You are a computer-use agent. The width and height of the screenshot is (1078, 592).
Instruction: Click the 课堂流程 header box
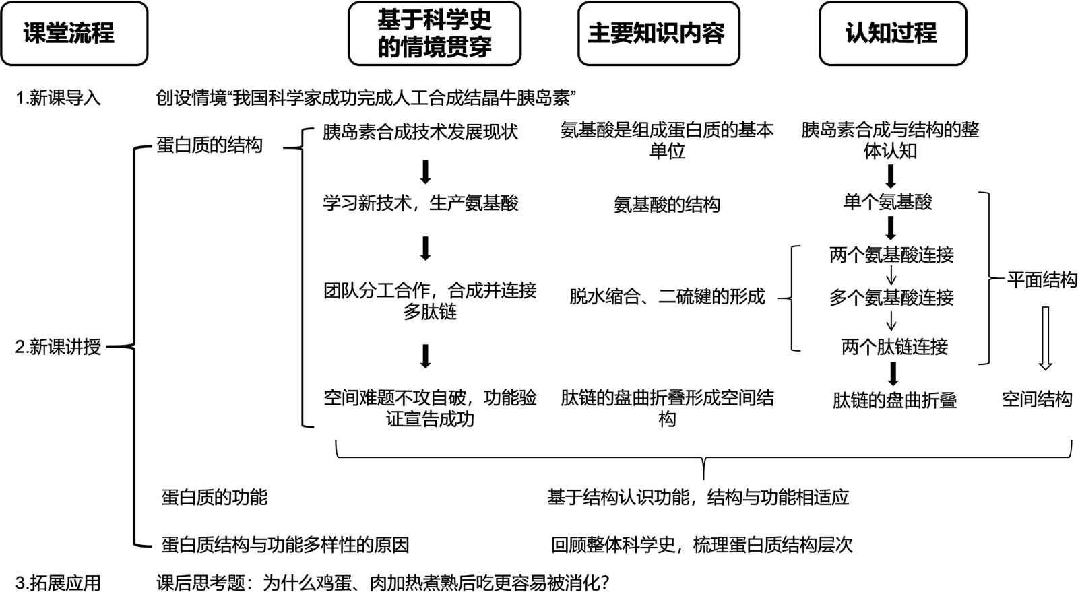coord(73,34)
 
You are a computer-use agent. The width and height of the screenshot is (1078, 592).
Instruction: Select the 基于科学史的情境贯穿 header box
coord(435,34)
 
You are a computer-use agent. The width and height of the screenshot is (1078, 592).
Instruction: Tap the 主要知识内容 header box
coord(658,34)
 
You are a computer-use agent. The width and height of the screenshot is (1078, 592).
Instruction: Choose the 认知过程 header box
coord(892,34)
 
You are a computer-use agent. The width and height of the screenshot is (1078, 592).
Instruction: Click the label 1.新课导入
coord(59,98)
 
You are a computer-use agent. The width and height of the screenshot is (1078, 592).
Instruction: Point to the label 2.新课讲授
coord(59,347)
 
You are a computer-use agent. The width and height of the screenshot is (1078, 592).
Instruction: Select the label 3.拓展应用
coord(59,583)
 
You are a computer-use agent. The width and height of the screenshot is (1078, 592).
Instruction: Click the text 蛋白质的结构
coord(210,145)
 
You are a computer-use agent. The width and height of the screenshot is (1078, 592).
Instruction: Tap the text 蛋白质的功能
coord(214,498)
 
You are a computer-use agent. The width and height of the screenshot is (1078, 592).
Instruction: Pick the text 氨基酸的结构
coord(667,205)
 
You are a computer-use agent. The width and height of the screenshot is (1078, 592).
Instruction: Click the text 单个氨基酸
coord(888,202)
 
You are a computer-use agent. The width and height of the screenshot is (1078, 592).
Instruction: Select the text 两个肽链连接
coord(895,347)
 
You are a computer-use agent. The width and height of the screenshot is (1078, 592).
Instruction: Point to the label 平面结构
coord(1042,279)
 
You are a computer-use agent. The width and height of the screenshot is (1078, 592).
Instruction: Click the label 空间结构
coord(1036,399)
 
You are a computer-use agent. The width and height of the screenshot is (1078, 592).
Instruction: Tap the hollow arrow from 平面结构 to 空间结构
coord(1045,338)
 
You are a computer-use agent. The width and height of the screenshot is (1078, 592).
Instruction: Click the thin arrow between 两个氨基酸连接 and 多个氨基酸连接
coord(891,276)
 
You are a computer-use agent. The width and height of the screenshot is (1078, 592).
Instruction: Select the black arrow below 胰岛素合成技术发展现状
coord(425,172)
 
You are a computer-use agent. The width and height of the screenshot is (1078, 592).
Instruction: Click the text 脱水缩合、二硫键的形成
coord(667,296)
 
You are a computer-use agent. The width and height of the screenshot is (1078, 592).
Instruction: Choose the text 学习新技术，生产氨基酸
coord(420,203)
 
